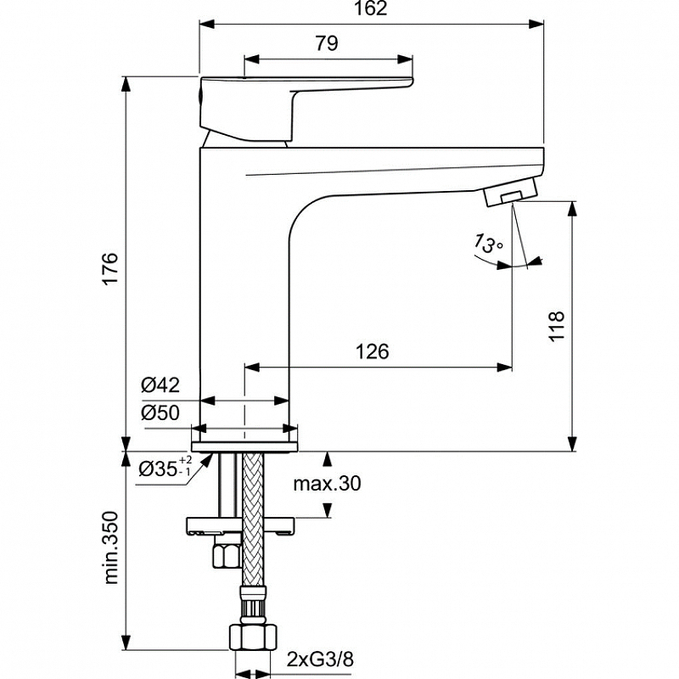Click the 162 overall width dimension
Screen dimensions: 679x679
[370, 8]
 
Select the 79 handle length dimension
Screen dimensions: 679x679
[327, 43]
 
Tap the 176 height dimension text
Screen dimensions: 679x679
[111, 267]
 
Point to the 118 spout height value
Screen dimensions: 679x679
[557, 326]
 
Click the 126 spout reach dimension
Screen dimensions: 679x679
[373, 351]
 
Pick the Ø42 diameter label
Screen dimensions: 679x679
[160, 384]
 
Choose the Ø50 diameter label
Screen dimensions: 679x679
[160, 412]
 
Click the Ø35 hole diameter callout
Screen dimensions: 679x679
[165, 468]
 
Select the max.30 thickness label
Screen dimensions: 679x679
[327, 483]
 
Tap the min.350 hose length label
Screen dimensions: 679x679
[111, 547]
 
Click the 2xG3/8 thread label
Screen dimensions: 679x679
[320, 659]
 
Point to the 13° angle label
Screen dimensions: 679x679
[488, 244]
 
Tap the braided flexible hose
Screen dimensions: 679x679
[253, 519]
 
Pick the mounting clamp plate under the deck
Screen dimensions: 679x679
[240, 526]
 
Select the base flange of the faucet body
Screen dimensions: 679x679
[244, 447]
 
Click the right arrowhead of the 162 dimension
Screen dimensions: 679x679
[536, 24]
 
